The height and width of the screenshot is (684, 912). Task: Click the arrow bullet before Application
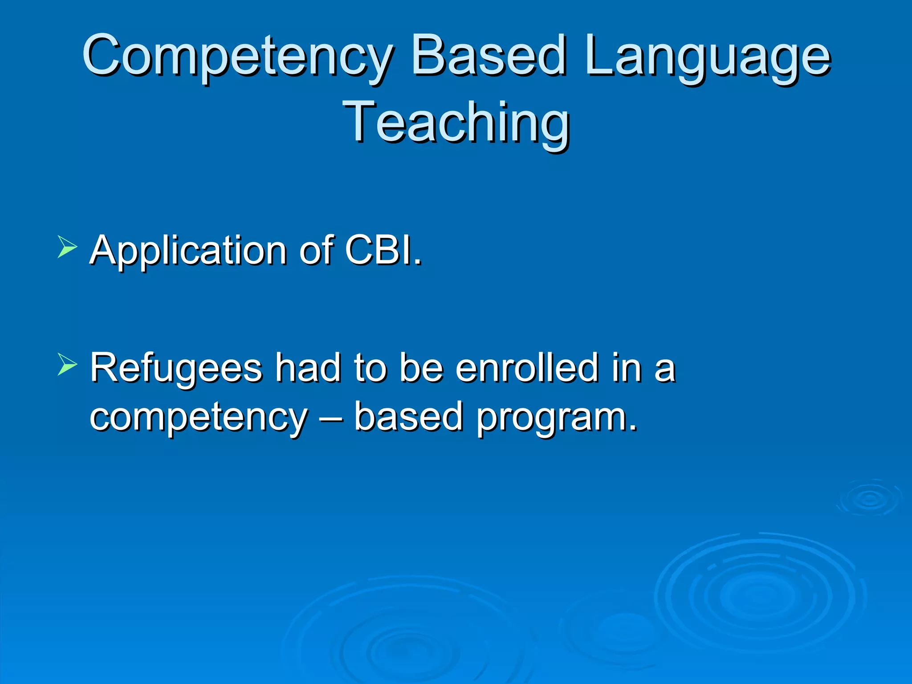coord(67,247)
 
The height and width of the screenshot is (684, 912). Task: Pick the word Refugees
coord(176,369)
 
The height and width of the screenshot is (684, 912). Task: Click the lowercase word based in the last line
coord(408,416)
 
